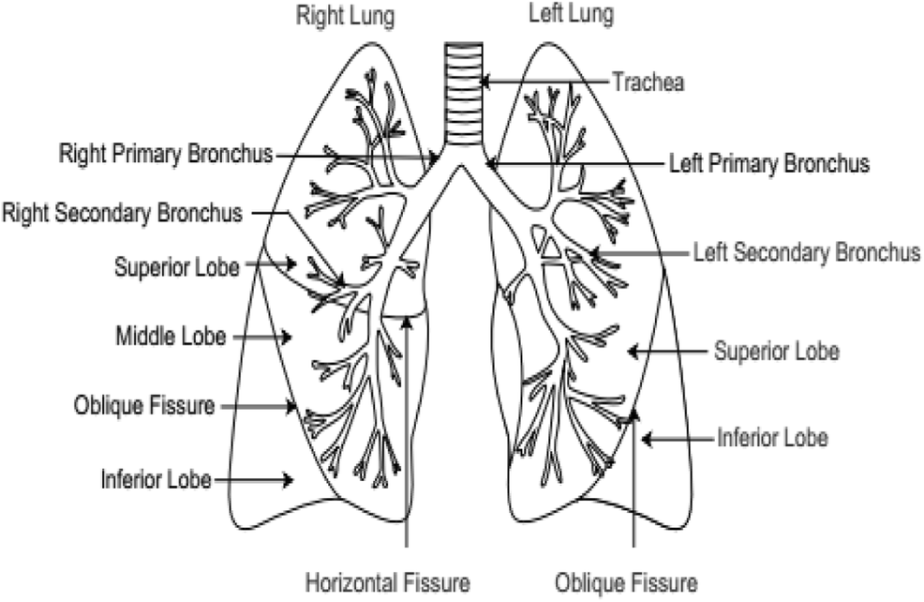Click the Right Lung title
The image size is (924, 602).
coord(345,16)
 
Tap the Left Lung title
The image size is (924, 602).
coord(573,15)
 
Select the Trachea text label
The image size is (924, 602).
coord(648,82)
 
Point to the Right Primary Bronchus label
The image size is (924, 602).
coord(165,153)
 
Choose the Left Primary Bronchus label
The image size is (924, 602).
coord(768,163)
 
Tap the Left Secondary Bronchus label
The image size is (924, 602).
coord(806,252)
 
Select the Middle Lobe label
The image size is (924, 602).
coord(171,336)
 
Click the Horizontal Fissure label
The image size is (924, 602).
coord(387,581)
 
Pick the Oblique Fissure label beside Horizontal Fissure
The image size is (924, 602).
coord(626,581)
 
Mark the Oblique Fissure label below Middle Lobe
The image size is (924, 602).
coord(145,406)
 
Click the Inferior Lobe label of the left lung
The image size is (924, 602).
coord(772,437)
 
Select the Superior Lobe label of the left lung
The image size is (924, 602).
coord(776,352)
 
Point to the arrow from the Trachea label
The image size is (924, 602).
coord(544,82)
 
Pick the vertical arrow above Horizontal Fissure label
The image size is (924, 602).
coord(407,431)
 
